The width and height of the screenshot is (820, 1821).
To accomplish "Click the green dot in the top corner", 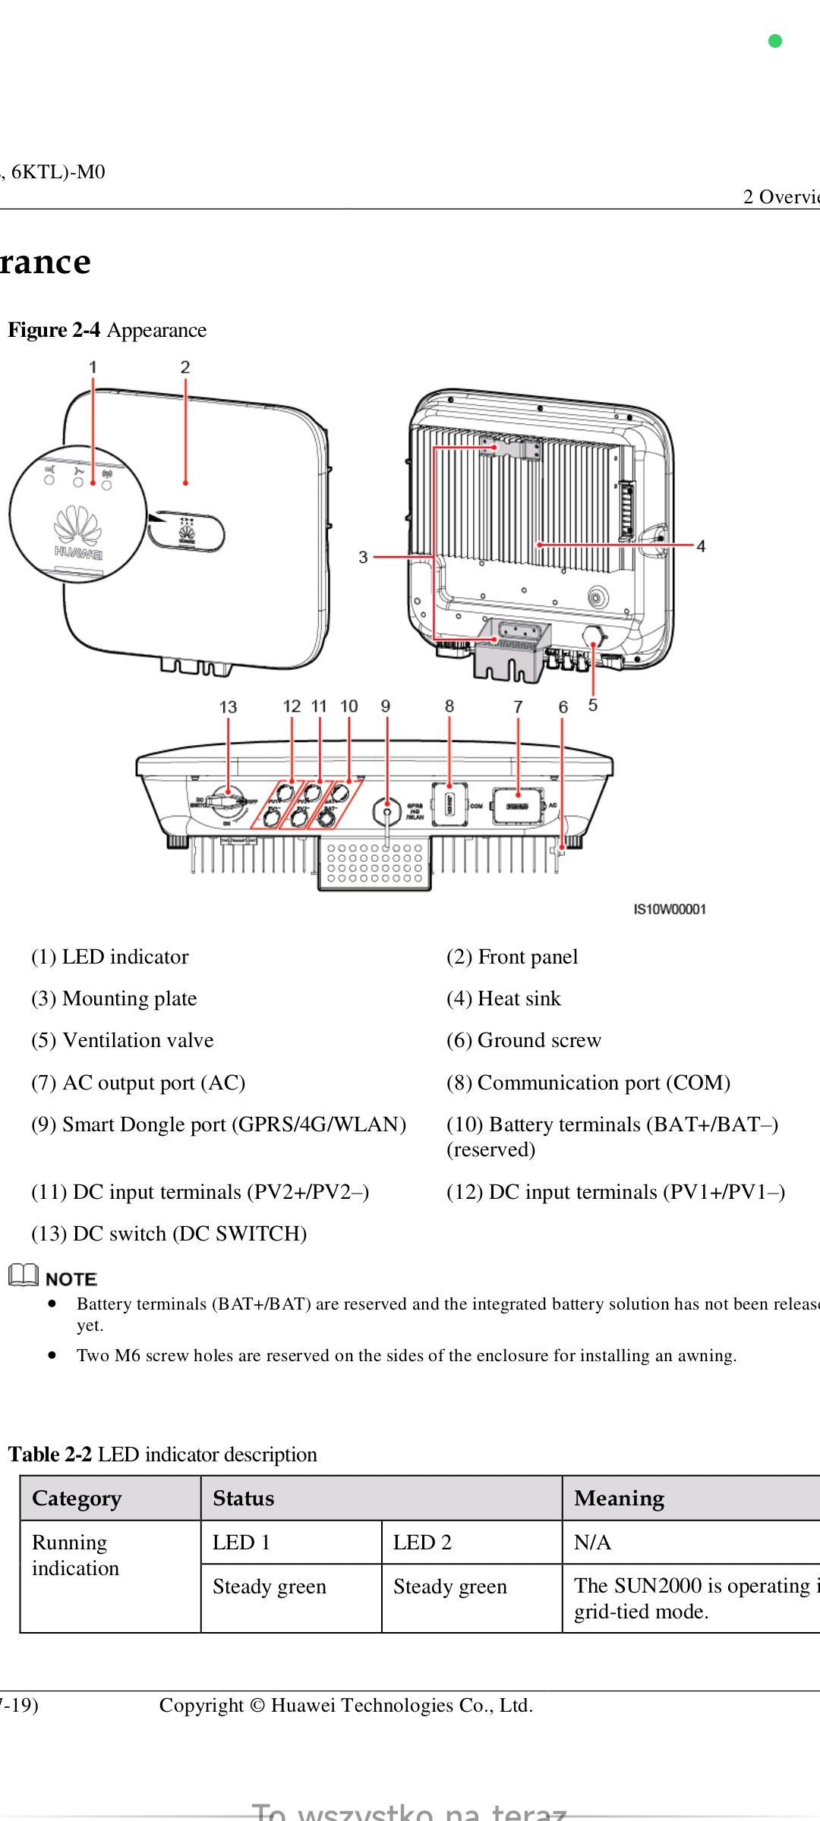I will tap(775, 41).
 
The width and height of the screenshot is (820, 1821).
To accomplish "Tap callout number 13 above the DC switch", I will tap(228, 707).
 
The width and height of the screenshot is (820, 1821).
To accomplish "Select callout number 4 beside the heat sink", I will tap(701, 546).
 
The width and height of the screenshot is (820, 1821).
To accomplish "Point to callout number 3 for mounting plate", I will tap(363, 558).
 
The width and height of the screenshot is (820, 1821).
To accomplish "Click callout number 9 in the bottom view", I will tap(386, 706).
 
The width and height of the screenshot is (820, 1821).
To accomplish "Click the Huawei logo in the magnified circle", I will tap(77, 531).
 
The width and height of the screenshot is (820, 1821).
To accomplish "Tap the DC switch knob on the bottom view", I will tap(226, 801).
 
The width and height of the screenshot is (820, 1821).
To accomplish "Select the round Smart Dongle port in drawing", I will tap(387, 812).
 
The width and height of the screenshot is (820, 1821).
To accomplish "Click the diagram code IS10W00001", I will tap(670, 909).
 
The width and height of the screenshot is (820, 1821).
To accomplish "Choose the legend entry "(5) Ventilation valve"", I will tap(122, 1040).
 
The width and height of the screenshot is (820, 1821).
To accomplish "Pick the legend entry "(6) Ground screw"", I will tap(524, 1040).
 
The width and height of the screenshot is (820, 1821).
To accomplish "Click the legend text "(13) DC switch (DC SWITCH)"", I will tap(169, 1234).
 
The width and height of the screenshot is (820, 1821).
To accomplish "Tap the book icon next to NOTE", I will tap(24, 1275).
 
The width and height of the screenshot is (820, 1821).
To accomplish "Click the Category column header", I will tap(77, 1499).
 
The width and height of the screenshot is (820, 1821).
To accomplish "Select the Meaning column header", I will tap(619, 1499).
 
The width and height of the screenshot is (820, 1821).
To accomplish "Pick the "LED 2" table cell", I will tap(422, 1543).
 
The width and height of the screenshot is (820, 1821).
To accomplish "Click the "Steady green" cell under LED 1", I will tap(270, 1587).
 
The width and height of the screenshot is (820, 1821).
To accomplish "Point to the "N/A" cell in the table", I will tap(592, 1543).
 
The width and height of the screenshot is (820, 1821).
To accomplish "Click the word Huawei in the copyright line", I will tap(304, 1706).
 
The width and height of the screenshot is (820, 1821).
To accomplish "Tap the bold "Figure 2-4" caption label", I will tap(54, 330).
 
